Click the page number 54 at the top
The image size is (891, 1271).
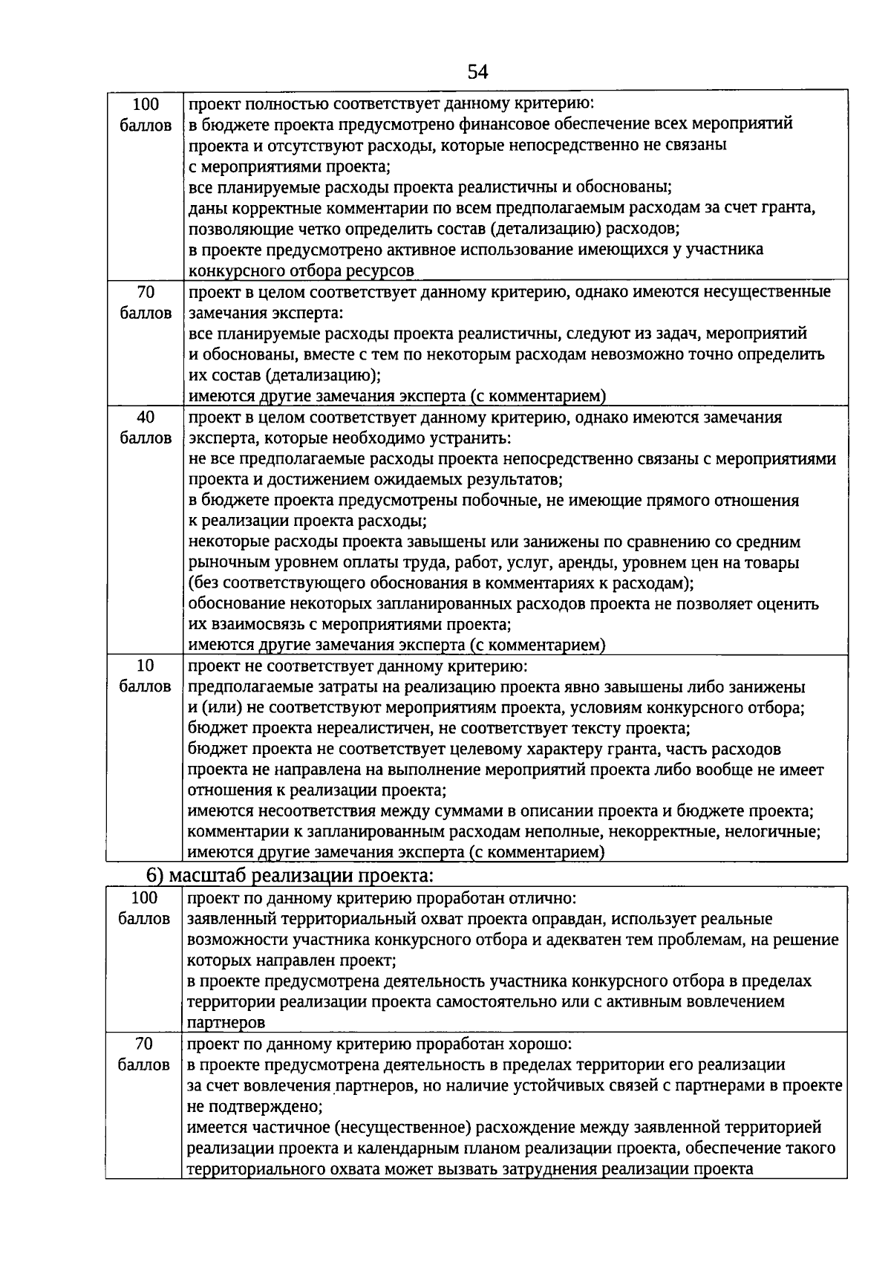[x=478, y=72]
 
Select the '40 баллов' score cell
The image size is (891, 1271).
[x=146, y=428]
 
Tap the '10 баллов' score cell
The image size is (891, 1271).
[x=146, y=676]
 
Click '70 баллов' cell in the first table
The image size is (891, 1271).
[x=146, y=302]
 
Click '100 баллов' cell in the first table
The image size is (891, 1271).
[x=146, y=114]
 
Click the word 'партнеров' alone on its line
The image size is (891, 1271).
[x=226, y=1023]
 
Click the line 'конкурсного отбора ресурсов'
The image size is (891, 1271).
[x=301, y=270]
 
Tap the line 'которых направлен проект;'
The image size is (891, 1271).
[x=292, y=960]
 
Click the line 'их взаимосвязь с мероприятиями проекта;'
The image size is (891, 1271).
[x=350, y=625]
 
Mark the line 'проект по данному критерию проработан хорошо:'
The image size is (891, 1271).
[x=379, y=1044]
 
